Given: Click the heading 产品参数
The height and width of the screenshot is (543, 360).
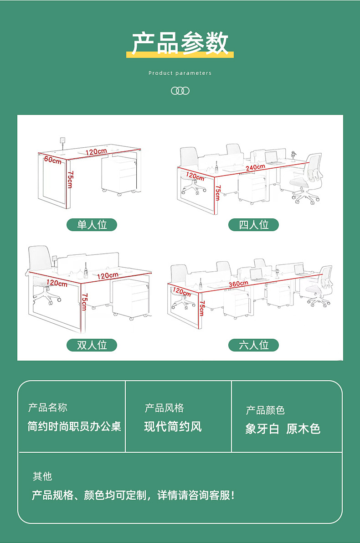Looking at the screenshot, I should pos(180,43).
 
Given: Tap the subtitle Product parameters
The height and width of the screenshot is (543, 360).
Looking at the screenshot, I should pos(180,73).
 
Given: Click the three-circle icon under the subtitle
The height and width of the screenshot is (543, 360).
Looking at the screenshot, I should pos(180,91).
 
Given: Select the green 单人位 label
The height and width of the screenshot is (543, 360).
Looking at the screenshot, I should pos(92,225).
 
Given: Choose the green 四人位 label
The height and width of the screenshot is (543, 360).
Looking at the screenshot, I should pos(254,225).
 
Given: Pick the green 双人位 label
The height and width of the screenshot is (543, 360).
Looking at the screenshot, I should pos(92,345).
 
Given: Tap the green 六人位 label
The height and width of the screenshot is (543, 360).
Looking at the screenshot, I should pos(254,345).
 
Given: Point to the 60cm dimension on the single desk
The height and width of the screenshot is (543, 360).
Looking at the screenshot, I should pos(53,160).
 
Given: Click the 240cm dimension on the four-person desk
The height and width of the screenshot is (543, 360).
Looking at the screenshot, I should pos(255,167).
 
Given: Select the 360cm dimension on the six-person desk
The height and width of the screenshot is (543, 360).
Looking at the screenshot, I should pos(238,284).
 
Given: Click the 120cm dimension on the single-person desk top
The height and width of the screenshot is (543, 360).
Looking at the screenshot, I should pos(96,151).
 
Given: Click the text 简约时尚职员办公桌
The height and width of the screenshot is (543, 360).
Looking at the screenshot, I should pos(74,427).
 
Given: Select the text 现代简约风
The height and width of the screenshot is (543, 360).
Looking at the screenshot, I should pos(173,427).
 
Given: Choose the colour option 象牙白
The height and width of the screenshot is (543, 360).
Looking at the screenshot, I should pos(262,429).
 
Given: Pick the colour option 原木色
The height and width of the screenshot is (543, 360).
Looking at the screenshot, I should pos(303,429).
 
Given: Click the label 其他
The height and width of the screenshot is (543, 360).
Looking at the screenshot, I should pos(42,476).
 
